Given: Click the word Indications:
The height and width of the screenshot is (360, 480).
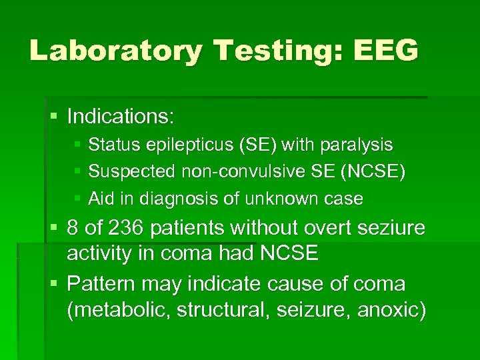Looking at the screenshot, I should click(121, 117).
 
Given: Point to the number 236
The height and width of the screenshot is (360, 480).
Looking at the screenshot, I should click(125, 229).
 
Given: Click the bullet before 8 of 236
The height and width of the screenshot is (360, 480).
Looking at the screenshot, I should click(54, 229).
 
